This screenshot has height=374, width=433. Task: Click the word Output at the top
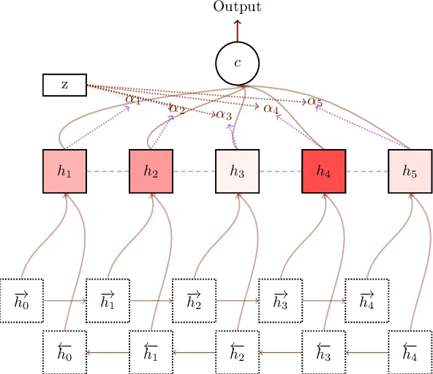point(237,7)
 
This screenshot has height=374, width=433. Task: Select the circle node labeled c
point(237,63)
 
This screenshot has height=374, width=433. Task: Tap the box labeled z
point(64,85)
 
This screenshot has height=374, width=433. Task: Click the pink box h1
point(64,171)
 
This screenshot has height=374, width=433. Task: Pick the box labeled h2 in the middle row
point(151,171)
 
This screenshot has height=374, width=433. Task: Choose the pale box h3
point(237,171)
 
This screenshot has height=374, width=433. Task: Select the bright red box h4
point(323,171)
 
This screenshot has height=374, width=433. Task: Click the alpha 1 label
point(133,99)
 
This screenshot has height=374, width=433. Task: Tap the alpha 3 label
point(224,115)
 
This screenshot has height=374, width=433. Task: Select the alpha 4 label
point(271,108)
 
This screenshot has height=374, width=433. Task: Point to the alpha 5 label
point(315,102)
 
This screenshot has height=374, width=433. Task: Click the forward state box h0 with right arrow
point(21,300)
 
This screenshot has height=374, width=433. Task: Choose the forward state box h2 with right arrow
point(194,300)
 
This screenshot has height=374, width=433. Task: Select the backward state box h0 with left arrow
point(64,352)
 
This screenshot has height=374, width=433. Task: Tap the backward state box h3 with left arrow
point(323,352)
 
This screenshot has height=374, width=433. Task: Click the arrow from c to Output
point(237,30)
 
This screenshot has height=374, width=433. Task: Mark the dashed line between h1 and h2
point(108,171)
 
